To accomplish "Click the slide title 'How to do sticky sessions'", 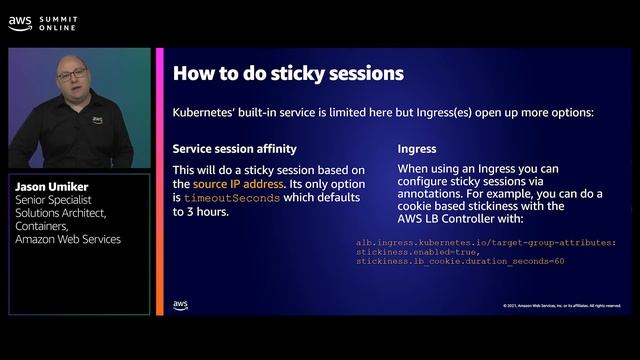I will coord(288,73).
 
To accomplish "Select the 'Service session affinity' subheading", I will coord(241,149).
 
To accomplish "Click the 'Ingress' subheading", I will coord(416,149).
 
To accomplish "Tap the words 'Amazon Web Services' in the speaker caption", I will coord(68,239).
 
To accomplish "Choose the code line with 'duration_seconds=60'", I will coord(461,261).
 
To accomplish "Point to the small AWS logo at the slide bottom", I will coord(180,305).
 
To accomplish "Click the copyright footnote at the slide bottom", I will coord(561,306).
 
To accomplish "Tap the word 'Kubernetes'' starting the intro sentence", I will coord(207,113).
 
